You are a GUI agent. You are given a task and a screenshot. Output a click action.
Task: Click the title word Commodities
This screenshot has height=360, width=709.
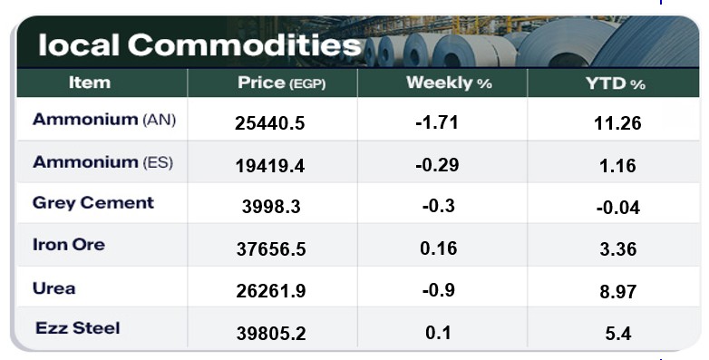tap(245, 45)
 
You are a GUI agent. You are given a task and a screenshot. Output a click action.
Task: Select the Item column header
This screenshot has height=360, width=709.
tap(90, 83)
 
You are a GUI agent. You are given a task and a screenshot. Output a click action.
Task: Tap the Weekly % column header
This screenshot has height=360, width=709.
tap(449, 83)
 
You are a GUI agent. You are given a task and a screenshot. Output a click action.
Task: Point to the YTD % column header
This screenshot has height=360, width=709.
tap(616, 83)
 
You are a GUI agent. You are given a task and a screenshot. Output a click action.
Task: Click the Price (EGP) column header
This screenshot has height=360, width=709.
tap(281, 83)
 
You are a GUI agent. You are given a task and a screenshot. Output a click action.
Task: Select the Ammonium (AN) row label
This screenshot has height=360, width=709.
tap(104, 120)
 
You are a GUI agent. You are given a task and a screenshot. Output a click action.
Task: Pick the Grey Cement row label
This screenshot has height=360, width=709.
tap(93, 203)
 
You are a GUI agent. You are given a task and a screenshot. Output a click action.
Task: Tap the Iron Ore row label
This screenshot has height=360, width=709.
tap(69, 245)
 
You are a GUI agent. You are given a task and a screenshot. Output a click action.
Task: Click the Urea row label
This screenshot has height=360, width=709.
tap(53, 288)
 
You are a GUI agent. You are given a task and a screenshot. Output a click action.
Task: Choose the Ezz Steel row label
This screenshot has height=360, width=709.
tap(78, 328)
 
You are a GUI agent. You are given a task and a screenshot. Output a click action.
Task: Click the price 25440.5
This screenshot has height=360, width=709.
tap(270, 123)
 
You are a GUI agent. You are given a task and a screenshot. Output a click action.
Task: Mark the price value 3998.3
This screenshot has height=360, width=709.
tap(271, 207)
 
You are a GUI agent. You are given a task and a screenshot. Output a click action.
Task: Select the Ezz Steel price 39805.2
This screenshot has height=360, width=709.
tap(271, 334)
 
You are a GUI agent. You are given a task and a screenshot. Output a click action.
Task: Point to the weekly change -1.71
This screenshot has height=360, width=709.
tap(437, 122)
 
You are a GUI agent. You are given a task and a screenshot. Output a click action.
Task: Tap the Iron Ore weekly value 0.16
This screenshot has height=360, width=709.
tap(439, 248)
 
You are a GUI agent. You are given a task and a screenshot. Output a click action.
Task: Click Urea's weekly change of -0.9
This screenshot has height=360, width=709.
tap(439, 290)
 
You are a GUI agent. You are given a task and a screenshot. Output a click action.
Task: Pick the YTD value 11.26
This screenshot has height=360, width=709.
tap(617, 123)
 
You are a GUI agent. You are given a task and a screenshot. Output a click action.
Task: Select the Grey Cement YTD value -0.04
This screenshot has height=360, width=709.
tap(618, 208)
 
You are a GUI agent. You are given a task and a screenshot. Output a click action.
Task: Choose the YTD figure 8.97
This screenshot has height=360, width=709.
tap(618, 292)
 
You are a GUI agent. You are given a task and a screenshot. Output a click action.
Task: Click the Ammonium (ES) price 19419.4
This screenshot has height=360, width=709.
tap(270, 166)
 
